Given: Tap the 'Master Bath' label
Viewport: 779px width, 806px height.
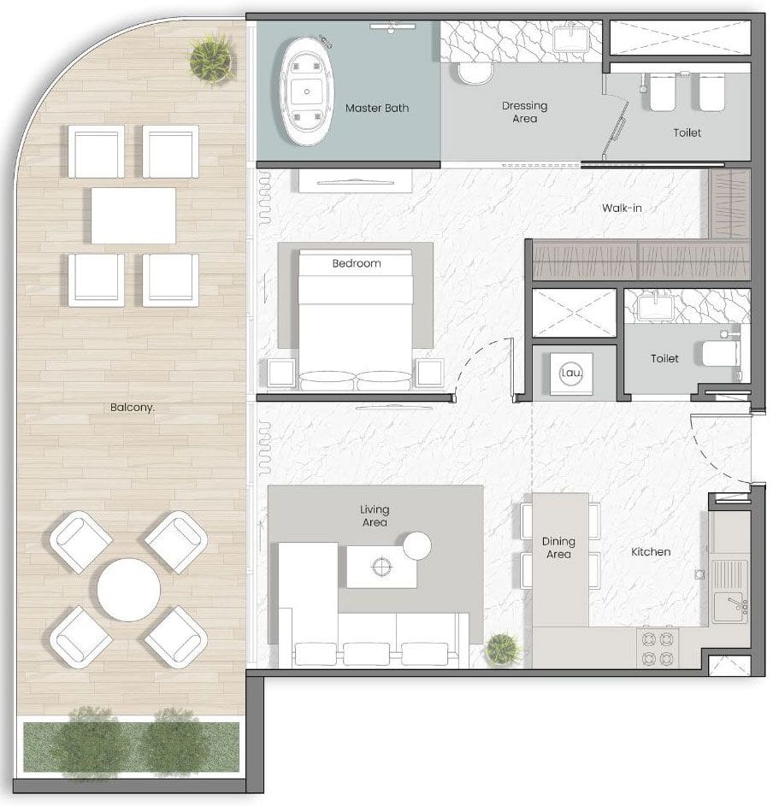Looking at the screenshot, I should point(377,109).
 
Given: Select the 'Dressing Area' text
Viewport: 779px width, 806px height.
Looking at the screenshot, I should point(524,112).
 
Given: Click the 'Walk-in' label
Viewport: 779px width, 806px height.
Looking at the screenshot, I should point(622,208).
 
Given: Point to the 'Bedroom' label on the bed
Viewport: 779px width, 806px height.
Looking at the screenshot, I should point(357,263).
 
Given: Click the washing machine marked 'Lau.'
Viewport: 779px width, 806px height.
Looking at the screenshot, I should point(569,373).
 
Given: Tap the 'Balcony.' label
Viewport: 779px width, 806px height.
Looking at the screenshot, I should point(133,408).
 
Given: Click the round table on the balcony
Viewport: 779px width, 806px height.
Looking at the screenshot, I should point(128,590).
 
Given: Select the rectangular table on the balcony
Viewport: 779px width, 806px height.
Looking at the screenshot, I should point(133,215).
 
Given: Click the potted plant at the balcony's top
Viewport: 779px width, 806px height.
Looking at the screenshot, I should point(211,58).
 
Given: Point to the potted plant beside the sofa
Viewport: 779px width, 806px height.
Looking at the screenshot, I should point(503,649).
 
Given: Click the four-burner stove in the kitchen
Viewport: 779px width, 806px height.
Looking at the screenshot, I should point(658,649).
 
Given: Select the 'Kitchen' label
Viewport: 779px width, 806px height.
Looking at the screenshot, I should point(651,552).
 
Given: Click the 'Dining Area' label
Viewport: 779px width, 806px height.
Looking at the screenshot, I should point(558,548).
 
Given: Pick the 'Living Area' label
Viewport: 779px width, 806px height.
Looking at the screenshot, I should point(375,515).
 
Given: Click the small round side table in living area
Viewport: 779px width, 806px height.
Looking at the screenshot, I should point(417,545).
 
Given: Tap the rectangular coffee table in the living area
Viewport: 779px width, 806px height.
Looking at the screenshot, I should point(381,568).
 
